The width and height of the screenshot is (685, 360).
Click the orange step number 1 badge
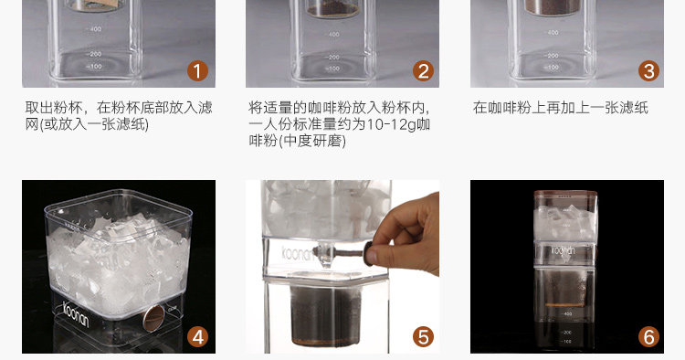click(x=197, y=71)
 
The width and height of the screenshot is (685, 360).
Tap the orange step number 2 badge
click(x=423, y=71)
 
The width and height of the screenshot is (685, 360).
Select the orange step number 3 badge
click(x=648, y=71)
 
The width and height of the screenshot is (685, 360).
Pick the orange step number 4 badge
click(x=197, y=337)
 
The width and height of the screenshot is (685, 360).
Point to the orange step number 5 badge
click(x=423, y=337)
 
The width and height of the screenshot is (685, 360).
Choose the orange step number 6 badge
click(x=648, y=337)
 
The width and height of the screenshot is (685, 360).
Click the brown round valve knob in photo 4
click(x=153, y=318)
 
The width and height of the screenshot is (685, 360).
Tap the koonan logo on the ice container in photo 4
click(x=76, y=313)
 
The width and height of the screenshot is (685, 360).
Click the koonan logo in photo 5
click(x=298, y=253)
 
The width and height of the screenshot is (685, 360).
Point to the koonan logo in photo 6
click(x=563, y=250)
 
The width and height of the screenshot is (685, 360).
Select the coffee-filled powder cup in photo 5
click(x=325, y=313)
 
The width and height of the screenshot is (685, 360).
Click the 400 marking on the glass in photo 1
click(x=94, y=29)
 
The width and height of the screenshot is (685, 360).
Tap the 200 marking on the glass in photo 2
click(x=332, y=58)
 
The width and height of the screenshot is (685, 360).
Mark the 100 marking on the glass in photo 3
click(x=553, y=68)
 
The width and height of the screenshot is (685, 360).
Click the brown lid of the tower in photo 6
click(x=565, y=194)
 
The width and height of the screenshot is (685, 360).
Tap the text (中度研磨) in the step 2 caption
click(x=311, y=141)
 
